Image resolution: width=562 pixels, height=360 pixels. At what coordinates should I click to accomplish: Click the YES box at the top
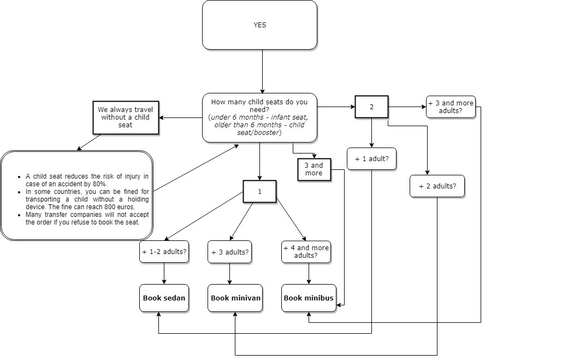tap(259, 25)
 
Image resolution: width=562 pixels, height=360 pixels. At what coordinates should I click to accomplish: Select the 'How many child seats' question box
tap(259, 117)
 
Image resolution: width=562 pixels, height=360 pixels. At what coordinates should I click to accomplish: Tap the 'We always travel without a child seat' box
tap(126, 117)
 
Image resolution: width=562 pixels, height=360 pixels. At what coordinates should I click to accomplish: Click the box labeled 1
tap(259, 192)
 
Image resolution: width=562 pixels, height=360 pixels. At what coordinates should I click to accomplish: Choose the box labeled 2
tap(371, 107)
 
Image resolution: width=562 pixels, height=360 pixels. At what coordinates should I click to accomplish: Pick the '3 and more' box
tap(313, 169)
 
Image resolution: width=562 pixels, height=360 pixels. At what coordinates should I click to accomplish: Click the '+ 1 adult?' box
tap(371, 159)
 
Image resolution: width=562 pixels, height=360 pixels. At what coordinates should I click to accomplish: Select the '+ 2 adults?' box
tap(437, 186)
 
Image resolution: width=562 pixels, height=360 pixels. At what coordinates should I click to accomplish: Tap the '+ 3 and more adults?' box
tap(451, 107)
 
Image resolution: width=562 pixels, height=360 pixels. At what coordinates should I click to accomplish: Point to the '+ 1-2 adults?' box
tap(164, 252)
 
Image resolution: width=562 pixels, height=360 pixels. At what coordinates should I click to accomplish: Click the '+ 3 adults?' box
tap(229, 252)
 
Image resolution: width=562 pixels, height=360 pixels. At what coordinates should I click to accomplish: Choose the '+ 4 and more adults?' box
tap(306, 252)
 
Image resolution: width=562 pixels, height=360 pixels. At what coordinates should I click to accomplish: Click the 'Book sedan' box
tap(164, 298)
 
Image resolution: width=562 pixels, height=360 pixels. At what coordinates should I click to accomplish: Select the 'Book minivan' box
tap(235, 298)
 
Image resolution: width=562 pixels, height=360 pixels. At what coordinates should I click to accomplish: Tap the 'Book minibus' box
tap(309, 298)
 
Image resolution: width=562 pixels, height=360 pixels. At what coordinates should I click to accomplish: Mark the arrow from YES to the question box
tap(263, 71)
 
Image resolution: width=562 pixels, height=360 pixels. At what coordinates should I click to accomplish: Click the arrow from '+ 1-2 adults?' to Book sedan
tap(164, 273)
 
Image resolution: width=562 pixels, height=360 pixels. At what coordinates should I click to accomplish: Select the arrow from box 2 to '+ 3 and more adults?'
tap(407, 107)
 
